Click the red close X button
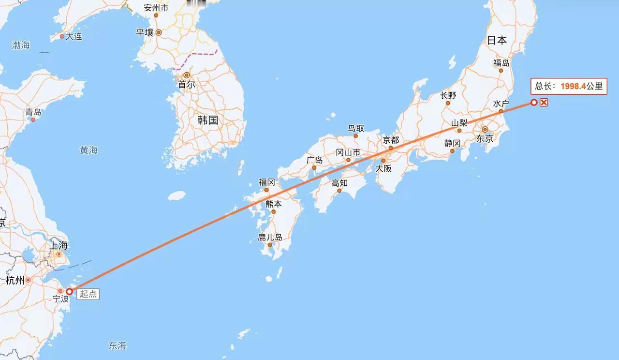pyautogui.click(x=544, y=102)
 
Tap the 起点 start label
pyautogui.click(x=88, y=294)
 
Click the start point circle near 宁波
pyautogui.click(x=69, y=291)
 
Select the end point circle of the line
pyautogui.click(x=534, y=102)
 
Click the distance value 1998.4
pyautogui.click(x=573, y=87)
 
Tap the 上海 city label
pyautogui.click(x=58, y=245)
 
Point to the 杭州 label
pyautogui.click(x=15, y=280)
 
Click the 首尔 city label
pyautogui.click(x=186, y=84)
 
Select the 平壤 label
pyautogui.click(x=144, y=32)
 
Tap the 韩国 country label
pyautogui.click(x=208, y=120)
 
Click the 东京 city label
pyautogui.click(x=485, y=139)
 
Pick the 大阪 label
pyautogui.click(x=383, y=169)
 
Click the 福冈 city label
pyautogui.click(x=266, y=182)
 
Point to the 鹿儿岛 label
pyautogui.click(x=270, y=237)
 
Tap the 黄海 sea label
pyautogui.click(x=88, y=150)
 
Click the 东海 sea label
pyautogui.click(x=118, y=345)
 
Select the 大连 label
pyautogui.click(x=74, y=36)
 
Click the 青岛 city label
pyautogui.click(x=33, y=112)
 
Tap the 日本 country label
pyautogui.click(x=497, y=41)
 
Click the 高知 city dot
pyautogui.click(x=339, y=191)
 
